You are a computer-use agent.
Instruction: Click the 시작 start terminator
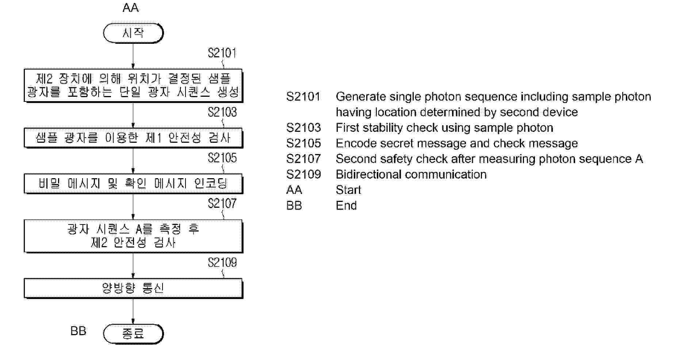[x=133, y=33]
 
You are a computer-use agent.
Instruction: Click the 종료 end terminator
[x=133, y=334]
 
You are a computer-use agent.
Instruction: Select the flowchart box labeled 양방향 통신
[x=133, y=288]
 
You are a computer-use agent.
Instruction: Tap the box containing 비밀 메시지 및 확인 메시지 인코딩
[x=133, y=183]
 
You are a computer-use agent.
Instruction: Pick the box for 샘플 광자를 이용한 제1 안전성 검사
[x=133, y=138]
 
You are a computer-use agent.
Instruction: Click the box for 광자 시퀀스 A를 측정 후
[x=133, y=236]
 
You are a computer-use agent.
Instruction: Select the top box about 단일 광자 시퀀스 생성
[x=133, y=85]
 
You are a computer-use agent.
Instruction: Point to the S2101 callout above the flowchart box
[x=222, y=53]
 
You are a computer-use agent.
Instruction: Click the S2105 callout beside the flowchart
[x=222, y=158]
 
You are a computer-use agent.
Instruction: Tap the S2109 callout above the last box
[x=222, y=263]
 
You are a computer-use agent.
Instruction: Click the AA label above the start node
[x=130, y=8]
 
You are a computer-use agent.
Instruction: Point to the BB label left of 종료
[x=78, y=331]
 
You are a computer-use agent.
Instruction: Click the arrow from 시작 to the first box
[x=133, y=56]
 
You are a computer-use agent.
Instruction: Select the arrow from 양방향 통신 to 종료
[x=133, y=311]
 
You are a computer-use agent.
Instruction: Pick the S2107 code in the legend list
[x=303, y=159]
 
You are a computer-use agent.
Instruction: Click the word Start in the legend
[x=348, y=190]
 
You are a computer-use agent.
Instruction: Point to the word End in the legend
[x=346, y=206]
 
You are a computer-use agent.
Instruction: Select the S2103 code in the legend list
[x=303, y=128]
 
